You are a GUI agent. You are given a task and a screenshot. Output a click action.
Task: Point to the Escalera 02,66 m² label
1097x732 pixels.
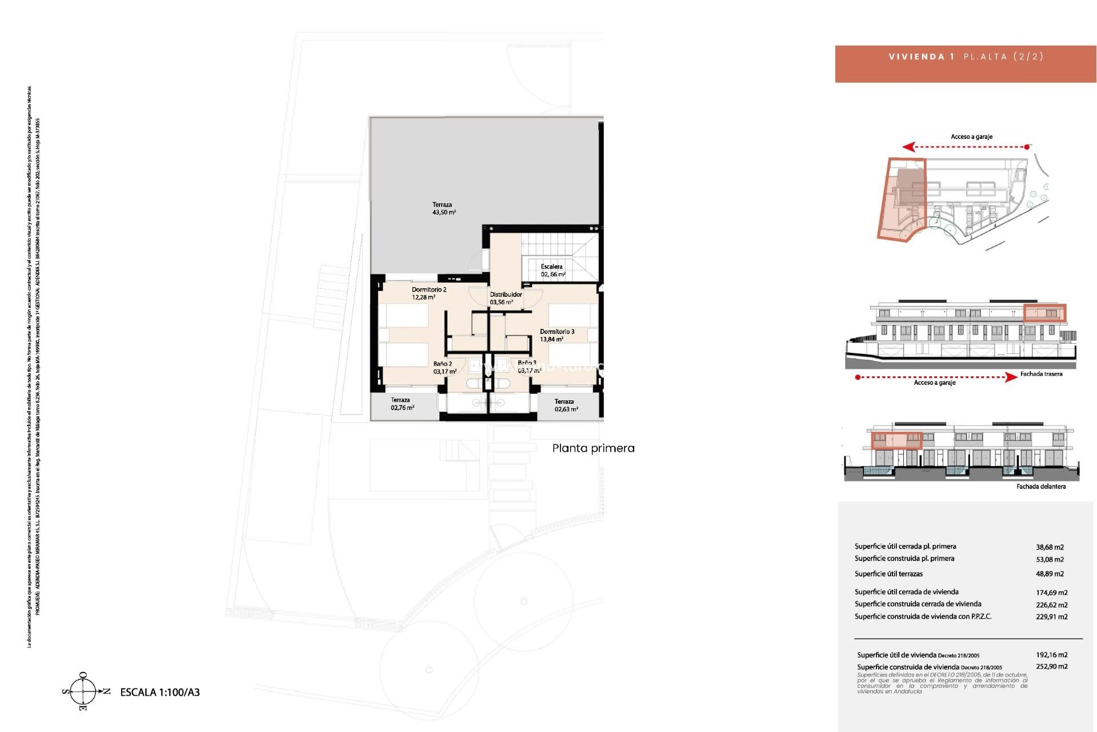pos(552,270)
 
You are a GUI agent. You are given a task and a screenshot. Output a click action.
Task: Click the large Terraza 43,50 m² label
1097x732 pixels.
pos(443,208)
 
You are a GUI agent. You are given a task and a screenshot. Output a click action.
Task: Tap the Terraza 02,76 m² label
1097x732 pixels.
pos(402,404)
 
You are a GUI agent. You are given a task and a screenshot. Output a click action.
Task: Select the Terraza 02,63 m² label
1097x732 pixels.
pos(566,405)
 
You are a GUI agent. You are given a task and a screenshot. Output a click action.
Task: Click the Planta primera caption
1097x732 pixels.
pos(593,448)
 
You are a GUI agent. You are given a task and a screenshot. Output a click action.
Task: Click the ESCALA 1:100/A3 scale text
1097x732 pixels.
pos(160,692)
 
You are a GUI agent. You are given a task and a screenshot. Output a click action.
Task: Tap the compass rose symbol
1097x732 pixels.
pos(83,691)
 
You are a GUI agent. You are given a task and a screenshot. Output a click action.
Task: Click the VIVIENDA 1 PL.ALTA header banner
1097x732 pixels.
pos(966,57)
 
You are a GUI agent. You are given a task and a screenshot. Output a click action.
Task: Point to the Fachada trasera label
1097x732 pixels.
pos(1041,374)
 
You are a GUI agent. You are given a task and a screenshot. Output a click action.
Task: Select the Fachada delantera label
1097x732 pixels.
pos(1040,487)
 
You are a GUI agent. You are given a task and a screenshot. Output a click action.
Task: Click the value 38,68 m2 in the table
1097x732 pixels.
pos(1050,547)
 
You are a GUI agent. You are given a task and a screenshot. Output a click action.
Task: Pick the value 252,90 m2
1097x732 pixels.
pos(1051,666)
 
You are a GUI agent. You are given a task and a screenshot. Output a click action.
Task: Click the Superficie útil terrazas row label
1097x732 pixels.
pos(888,574)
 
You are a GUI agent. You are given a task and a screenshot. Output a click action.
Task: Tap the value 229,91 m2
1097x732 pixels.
pos(1051,616)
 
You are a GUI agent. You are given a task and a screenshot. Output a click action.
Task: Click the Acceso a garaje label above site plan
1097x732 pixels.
pos(971,137)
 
